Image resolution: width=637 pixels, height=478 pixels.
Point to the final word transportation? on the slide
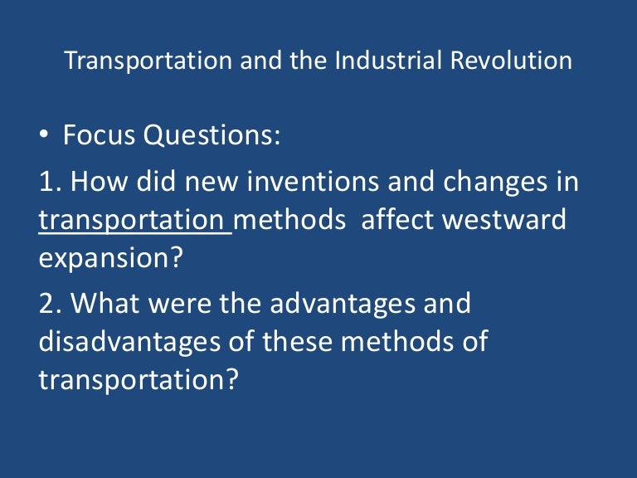(x=139, y=380)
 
